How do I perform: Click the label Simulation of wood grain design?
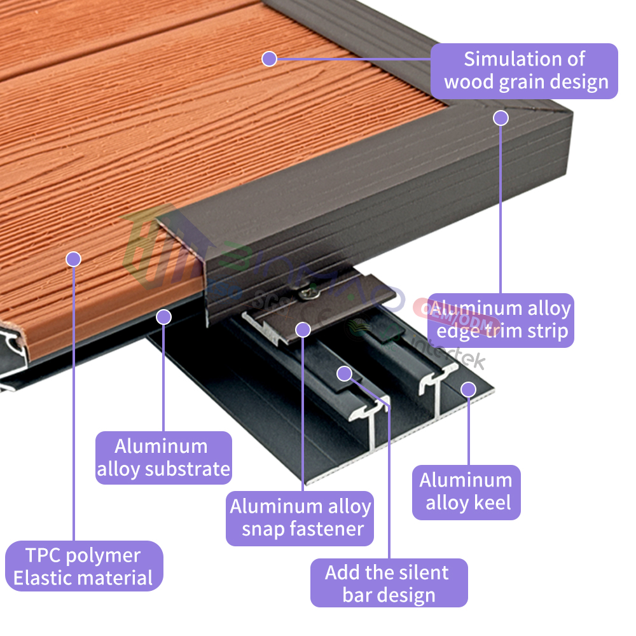point(525,71)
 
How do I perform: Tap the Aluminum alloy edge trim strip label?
point(501,320)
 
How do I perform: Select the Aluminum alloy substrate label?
point(163,457)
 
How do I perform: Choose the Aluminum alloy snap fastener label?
point(300,518)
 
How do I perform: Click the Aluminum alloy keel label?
point(466,492)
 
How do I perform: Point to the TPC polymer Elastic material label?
point(84,566)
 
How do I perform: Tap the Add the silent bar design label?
point(388,583)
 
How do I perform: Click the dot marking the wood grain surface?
point(269,59)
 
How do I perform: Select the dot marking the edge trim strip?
point(501,118)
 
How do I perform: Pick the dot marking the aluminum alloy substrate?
point(164,316)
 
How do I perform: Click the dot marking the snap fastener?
point(303,329)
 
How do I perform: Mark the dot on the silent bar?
point(344,373)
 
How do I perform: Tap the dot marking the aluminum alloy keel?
point(469,389)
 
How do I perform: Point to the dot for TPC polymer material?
point(74,259)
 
